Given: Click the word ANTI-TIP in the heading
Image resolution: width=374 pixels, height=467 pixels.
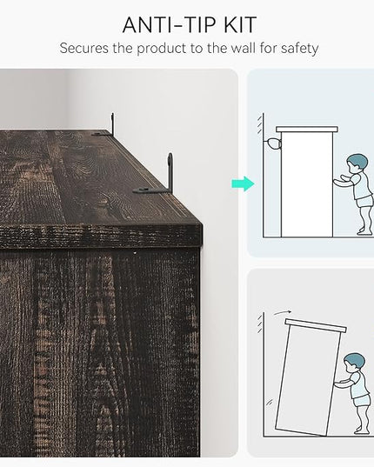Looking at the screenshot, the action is point(169,25).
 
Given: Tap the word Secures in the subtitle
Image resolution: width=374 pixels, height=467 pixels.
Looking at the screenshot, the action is point(84,48).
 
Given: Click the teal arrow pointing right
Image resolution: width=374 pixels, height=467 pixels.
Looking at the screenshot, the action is point(243,183).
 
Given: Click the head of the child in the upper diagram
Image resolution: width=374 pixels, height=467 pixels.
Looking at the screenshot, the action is point(357,163).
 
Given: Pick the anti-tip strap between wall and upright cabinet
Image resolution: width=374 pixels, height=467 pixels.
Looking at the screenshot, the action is point(273,143).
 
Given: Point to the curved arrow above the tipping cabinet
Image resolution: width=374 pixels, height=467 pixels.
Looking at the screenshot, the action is point(283,312).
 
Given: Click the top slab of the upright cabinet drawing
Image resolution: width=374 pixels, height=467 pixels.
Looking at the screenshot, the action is point(307,130).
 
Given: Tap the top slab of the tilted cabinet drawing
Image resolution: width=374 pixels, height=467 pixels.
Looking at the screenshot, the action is point(316,325).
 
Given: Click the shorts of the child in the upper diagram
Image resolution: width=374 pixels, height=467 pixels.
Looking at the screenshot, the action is point(364,201).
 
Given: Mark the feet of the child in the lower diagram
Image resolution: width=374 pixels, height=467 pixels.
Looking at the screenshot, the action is point(361,430).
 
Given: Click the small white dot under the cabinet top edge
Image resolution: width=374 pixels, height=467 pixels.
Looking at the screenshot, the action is point(135,253).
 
